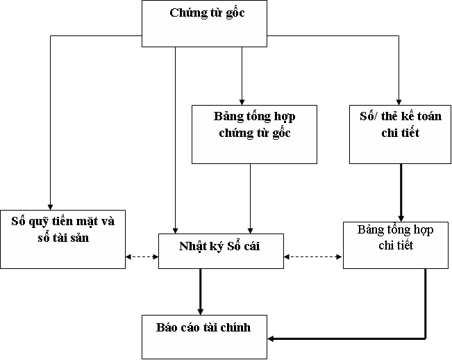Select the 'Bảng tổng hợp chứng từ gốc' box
(253, 134)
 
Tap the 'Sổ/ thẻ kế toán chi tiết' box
(400, 134)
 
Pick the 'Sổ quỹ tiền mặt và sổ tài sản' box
(62, 238)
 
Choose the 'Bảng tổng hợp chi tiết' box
(396, 245)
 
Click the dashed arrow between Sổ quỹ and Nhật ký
(142, 258)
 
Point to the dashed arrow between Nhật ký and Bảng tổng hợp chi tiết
(314, 258)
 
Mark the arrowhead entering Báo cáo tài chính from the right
(271, 338)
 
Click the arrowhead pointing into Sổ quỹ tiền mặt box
(50, 205)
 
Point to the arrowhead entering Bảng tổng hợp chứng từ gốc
(242, 101)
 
